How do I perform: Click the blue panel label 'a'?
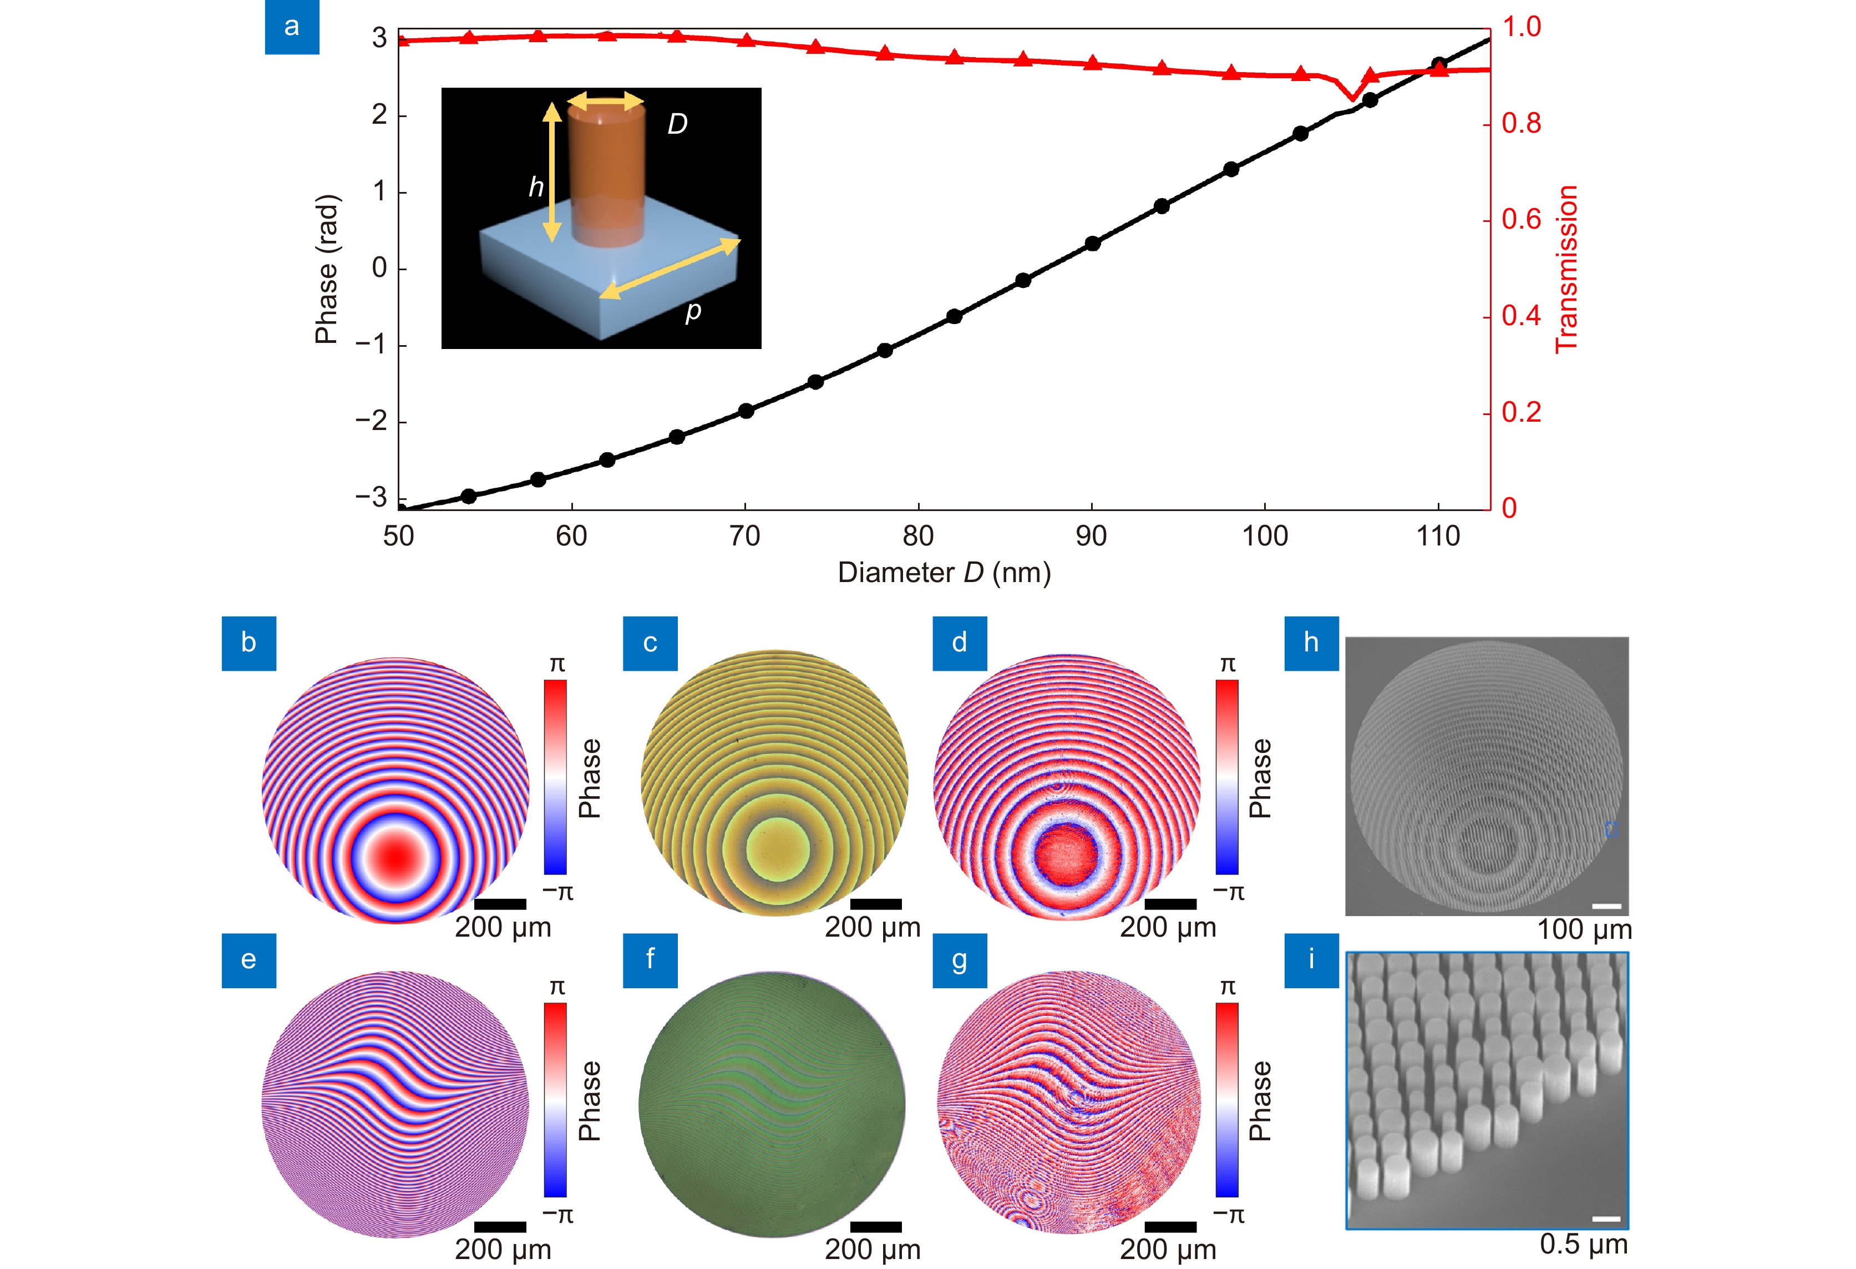tap(292, 27)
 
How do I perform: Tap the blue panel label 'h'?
tap(1311, 643)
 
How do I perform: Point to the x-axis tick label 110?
tap(1438, 536)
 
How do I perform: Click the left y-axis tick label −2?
tap(371, 421)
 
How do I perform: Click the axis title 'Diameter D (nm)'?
tap(944, 572)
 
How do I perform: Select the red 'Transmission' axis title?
tap(1568, 269)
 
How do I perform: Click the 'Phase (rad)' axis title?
tap(327, 269)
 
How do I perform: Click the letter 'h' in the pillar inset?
tap(536, 187)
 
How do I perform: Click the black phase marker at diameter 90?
tap(1093, 244)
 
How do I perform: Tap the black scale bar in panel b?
tap(500, 904)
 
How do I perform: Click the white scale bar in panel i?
tap(1606, 1219)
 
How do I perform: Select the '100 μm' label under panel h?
tap(1584, 929)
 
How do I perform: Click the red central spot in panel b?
tap(396, 856)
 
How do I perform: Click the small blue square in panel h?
tap(1611, 830)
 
